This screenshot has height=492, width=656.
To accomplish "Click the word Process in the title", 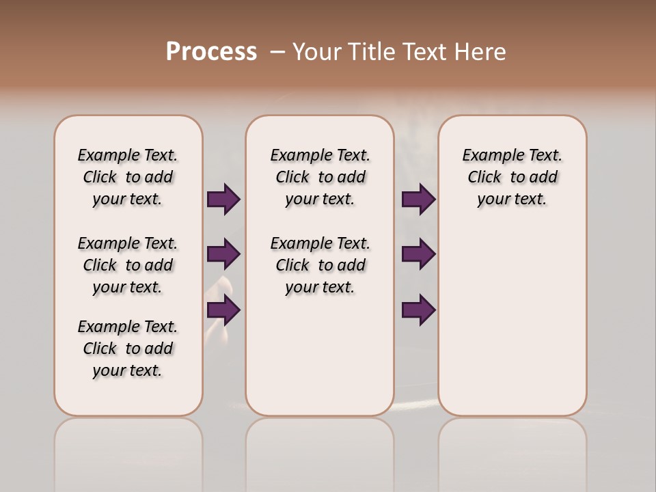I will [211, 52].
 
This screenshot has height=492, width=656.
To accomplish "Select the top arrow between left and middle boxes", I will [223, 199].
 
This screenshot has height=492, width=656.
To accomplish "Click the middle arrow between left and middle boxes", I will [223, 254].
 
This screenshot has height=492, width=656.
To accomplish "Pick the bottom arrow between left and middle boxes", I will [223, 310].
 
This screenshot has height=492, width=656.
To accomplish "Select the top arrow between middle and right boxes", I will [418, 199].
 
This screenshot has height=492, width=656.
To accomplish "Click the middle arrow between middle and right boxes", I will [418, 254].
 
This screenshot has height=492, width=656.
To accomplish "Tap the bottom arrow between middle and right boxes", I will [418, 310].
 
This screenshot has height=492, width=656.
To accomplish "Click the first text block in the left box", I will [128, 177].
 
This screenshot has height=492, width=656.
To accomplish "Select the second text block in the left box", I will [128, 265].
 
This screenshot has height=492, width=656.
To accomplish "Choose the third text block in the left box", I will [128, 348].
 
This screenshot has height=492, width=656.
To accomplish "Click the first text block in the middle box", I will [320, 177].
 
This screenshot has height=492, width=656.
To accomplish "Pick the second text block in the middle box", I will [320, 265].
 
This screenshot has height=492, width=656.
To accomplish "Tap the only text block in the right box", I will [512, 177].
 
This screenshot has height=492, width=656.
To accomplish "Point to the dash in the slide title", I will [277, 52].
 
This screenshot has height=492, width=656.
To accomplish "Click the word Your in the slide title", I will [317, 52].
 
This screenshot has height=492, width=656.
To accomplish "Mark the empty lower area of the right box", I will [512, 321].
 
